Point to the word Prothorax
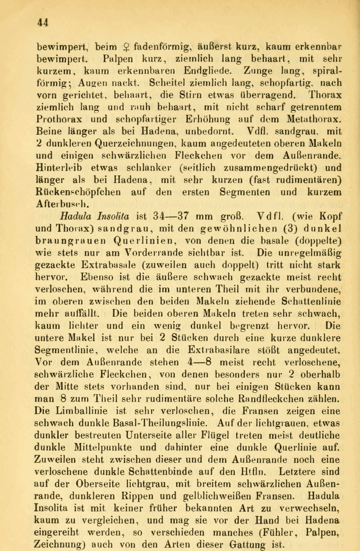[x=66, y=118]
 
